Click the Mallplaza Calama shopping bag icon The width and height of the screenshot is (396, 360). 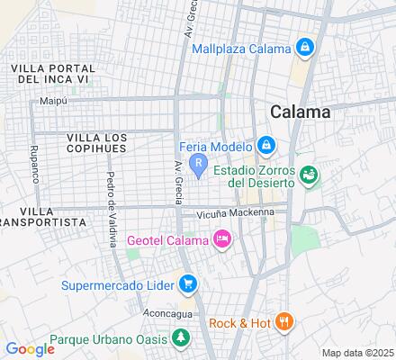coord(305,47)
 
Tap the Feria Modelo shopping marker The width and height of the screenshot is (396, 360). coord(265,145)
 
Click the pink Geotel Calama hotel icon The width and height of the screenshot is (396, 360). coord(221,238)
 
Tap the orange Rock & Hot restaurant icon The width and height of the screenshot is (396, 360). coord(284,321)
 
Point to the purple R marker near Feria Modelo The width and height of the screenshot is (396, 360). coord(203,164)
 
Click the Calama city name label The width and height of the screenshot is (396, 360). coord(300,112)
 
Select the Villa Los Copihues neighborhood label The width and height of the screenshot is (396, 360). coord(97,142)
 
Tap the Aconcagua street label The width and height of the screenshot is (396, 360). coord(167,312)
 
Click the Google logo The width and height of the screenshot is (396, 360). coord(30,348)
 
